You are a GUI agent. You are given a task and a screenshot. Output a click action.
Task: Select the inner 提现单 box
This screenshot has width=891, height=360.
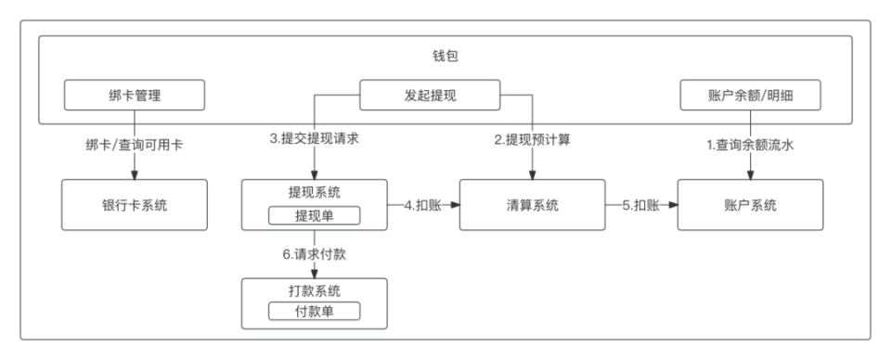click(314, 215)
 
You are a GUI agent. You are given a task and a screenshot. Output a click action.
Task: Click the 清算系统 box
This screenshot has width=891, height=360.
click(533, 206)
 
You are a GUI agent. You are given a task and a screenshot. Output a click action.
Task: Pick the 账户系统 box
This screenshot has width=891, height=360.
click(751, 206)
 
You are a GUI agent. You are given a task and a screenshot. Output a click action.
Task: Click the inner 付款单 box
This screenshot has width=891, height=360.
click(314, 311)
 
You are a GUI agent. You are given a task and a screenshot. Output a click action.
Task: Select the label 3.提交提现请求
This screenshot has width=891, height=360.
click(314, 140)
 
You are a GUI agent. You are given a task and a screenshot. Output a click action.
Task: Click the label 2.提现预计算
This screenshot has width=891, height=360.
click(532, 140)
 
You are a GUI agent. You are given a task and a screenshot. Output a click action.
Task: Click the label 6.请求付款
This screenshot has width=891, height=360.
click(314, 252)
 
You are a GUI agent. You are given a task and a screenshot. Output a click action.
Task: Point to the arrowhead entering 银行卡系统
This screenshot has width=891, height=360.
click(135, 176)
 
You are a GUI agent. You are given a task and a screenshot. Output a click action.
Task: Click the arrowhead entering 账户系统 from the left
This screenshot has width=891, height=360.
click(674, 206)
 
